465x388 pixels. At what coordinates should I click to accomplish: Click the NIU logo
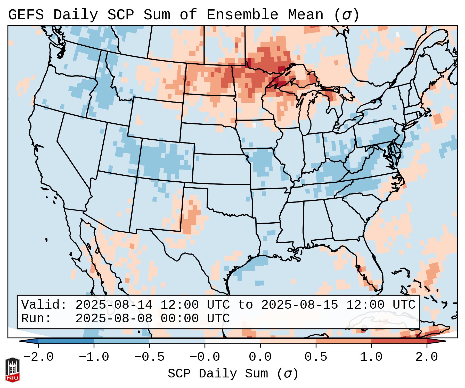coord(12,370)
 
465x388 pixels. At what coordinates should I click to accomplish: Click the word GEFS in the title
coord(26,15)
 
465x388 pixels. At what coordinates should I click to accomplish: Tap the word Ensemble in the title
coord(242,15)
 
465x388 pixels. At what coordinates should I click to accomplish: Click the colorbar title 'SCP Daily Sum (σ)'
coord(233,374)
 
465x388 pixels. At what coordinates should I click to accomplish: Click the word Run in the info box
coord(36,319)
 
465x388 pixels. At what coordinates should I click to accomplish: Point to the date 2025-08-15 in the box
coord(299,305)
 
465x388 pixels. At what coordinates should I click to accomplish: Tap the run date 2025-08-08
coord(114,319)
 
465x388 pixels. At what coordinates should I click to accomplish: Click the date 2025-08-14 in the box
coord(114,305)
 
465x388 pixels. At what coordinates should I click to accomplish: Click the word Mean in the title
coord(306,15)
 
